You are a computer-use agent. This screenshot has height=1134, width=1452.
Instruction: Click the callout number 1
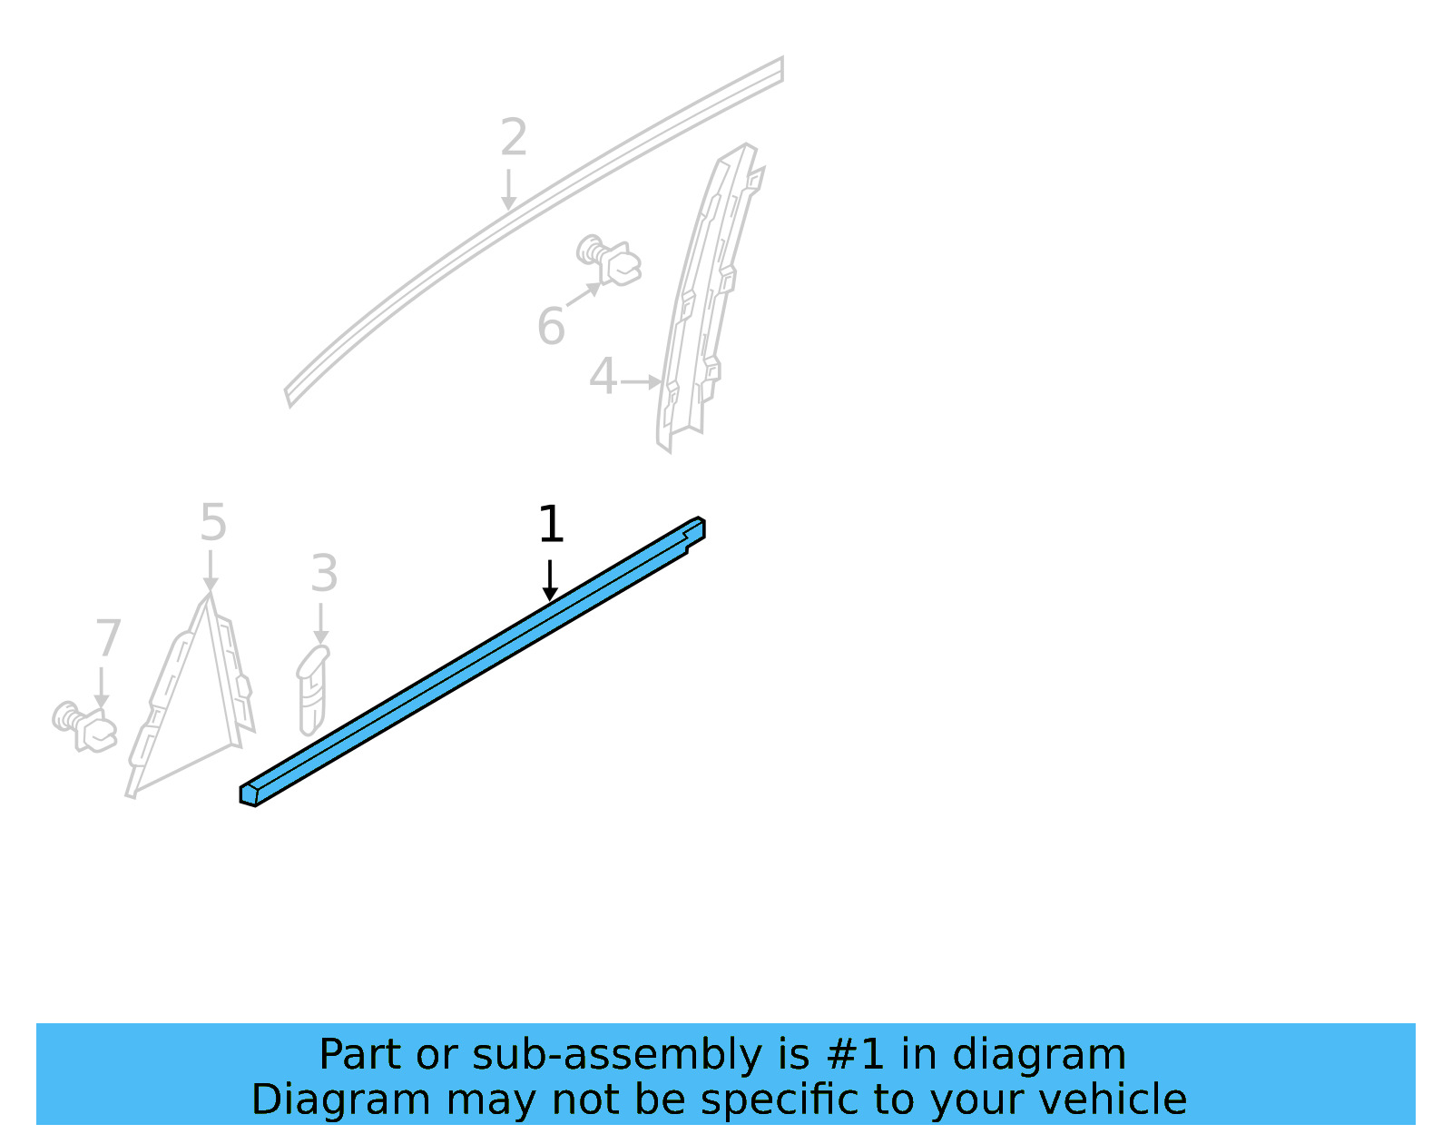coord(551,525)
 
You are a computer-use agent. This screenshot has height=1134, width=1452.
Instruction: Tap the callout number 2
coord(514,138)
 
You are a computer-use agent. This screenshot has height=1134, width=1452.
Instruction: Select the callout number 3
coord(324,574)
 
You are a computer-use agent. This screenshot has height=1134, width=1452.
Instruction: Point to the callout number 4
coord(603,376)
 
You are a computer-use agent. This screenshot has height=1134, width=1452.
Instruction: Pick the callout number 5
coord(212,523)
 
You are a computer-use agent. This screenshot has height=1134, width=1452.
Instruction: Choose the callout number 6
coord(551,327)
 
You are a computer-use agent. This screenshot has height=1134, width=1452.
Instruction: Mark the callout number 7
coord(108,638)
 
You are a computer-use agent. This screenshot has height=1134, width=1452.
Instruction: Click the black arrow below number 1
coord(550,580)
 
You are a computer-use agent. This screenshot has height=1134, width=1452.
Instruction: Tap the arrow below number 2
coord(510,190)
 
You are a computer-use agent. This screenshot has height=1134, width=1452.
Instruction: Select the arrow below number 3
coord(320,624)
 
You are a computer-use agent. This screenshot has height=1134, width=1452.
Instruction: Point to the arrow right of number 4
coord(642,382)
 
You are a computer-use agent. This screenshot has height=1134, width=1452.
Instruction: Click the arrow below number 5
coord(211,572)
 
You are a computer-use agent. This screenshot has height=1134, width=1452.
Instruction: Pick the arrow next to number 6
coord(584,295)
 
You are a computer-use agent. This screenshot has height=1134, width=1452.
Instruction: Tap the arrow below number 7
coord(101,687)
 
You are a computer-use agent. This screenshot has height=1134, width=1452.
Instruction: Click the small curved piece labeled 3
coord(311,690)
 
